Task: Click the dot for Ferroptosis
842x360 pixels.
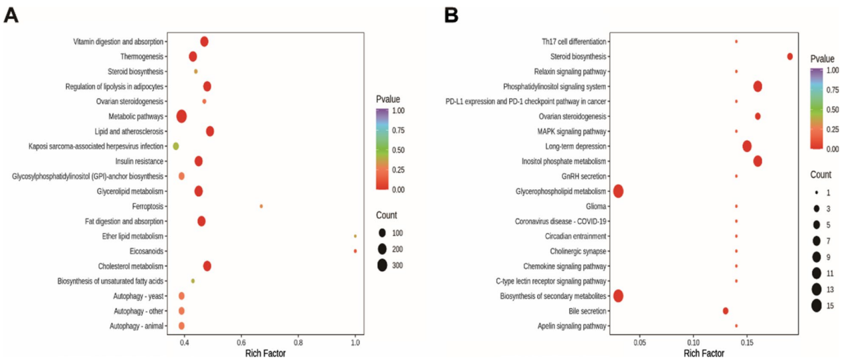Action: click(261, 206)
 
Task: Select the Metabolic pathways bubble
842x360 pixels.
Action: click(181, 116)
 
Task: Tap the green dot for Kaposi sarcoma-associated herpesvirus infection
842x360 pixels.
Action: click(176, 146)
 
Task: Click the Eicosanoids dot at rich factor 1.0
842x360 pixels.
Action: click(356, 251)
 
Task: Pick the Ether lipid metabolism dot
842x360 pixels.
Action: click(356, 236)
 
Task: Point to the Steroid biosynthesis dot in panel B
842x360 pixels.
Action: click(789, 56)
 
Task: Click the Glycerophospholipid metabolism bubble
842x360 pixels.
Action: click(618, 191)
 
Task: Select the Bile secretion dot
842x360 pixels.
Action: click(726, 311)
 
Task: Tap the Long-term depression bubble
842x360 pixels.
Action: click(747, 146)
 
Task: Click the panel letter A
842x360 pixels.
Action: click(11, 15)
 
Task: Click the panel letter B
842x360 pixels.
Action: click(451, 15)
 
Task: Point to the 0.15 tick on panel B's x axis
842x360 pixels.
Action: click(747, 342)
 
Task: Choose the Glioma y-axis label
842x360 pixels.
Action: click(593, 206)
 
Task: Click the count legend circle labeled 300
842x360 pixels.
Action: click(382, 266)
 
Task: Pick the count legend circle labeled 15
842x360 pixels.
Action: click(816, 306)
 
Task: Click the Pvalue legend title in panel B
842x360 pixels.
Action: click(822, 58)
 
